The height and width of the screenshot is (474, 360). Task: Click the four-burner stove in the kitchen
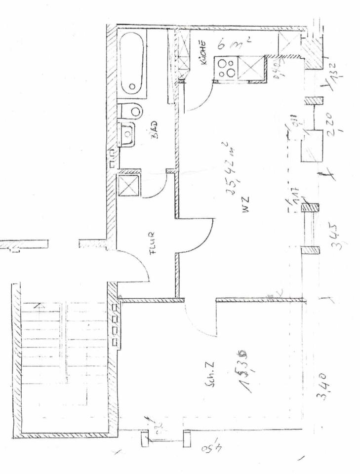pos(227,68)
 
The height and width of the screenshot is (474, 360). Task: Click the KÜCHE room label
pos(203,53)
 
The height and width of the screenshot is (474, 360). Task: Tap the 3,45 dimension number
pos(333,237)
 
